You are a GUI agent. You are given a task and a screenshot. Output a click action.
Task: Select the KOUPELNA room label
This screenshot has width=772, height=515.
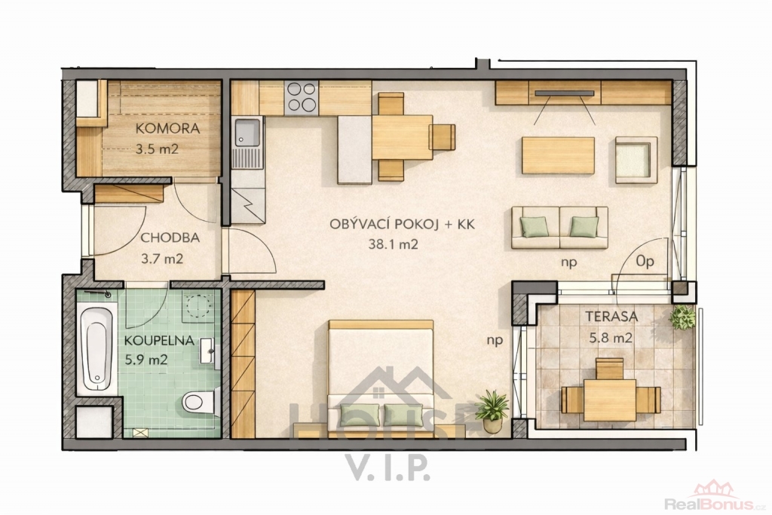pyautogui.click(x=159, y=341)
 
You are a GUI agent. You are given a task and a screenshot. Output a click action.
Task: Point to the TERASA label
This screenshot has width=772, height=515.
pyautogui.click(x=611, y=317)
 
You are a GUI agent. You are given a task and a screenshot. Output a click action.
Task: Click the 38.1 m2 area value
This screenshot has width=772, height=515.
pyautogui.click(x=393, y=244)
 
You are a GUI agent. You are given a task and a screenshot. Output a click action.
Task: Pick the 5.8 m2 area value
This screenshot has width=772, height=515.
pyautogui.click(x=611, y=339)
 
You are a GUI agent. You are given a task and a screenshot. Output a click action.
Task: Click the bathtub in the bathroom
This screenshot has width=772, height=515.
pyautogui.click(x=96, y=348)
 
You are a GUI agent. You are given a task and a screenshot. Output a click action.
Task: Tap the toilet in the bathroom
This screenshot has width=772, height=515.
pyautogui.click(x=201, y=402)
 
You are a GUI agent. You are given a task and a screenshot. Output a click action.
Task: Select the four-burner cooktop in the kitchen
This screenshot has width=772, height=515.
pyautogui.click(x=302, y=97)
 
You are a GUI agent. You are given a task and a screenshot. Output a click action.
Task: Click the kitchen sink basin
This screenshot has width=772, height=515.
pyautogui.click(x=247, y=133)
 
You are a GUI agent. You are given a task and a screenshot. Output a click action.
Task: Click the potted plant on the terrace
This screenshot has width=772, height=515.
pyautogui.click(x=683, y=317)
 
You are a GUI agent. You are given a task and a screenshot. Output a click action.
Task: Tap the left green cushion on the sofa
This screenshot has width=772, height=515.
pyautogui.click(x=535, y=227)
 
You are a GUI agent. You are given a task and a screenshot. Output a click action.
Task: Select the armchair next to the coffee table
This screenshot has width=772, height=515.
pyautogui.click(x=636, y=160)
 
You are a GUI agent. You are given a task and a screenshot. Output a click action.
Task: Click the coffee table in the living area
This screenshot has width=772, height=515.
pyautogui.click(x=558, y=155)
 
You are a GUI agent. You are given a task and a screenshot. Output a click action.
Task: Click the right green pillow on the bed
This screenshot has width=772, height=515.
pyautogui.click(x=403, y=415)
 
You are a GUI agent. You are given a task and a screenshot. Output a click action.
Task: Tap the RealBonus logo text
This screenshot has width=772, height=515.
pyautogui.click(x=709, y=504)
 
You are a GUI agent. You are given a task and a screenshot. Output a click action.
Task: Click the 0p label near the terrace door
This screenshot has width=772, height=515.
pyautogui.click(x=645, y=262)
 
